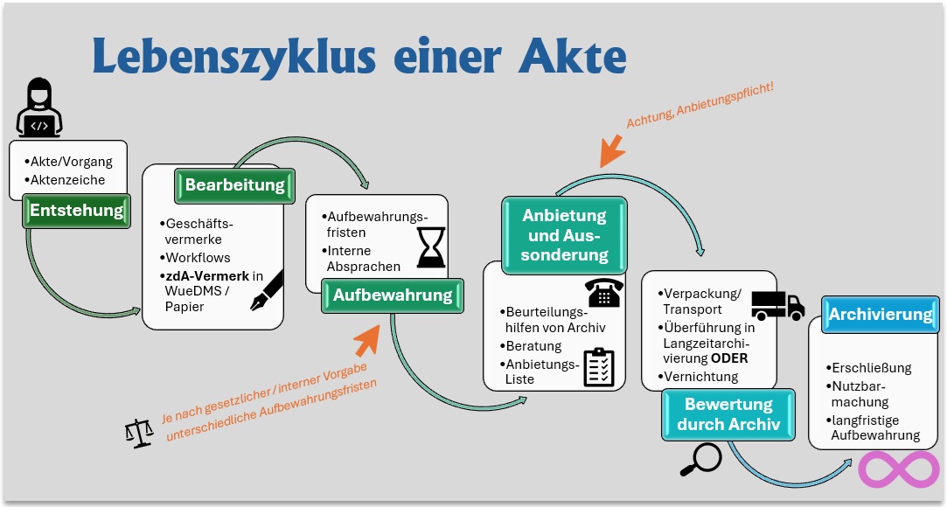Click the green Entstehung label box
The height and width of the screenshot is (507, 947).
point(77,211)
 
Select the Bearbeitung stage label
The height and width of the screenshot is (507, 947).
point(234,185)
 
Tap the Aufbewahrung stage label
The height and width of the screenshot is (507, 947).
point(393,295)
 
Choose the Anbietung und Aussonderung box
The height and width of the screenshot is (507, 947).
point(564,235)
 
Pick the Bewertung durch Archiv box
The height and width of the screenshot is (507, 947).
point(728,414)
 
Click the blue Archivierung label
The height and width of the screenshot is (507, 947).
point(881,315)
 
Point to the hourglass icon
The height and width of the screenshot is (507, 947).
point(431,247)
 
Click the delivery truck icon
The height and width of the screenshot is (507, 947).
point(778,305)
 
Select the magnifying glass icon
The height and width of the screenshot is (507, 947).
point(700,460)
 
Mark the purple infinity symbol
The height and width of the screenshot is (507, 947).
point(899,469)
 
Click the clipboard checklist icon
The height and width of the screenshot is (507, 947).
point(598,367)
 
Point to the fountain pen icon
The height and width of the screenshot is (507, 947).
point(267,290)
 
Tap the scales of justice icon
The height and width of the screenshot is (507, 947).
point(139,434)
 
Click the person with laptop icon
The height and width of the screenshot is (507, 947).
point(39,108)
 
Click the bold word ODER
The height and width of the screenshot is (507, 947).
point(729,358)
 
